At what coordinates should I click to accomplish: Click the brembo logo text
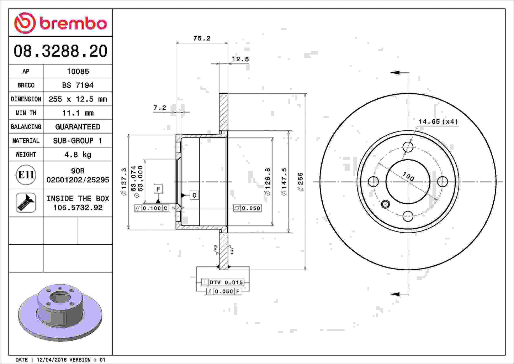click(73, 24)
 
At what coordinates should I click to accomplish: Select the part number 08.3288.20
click(60, 51)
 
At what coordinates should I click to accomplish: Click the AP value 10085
click(78, 71)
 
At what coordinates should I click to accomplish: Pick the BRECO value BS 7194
click(78, 85)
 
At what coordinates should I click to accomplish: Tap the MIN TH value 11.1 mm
click(78, 113)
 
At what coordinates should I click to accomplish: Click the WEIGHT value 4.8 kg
click(78, 155)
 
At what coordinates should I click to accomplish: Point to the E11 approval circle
click(26, 175)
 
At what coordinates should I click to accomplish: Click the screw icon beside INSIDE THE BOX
click(26, 203)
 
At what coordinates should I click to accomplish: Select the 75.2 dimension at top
click(202, 38)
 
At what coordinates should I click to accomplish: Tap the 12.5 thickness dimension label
click(240, 59)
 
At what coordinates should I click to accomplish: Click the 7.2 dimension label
click(160, 108)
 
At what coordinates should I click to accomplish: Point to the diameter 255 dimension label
click(301, 182)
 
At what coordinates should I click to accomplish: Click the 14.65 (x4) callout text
click(438, 122)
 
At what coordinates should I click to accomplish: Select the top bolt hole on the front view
click(408, 147)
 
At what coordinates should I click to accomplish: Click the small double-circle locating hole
click(385, 204)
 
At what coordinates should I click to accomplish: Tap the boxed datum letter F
click(158, 189)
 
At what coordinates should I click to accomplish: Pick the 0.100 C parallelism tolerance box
click(152, 208)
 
